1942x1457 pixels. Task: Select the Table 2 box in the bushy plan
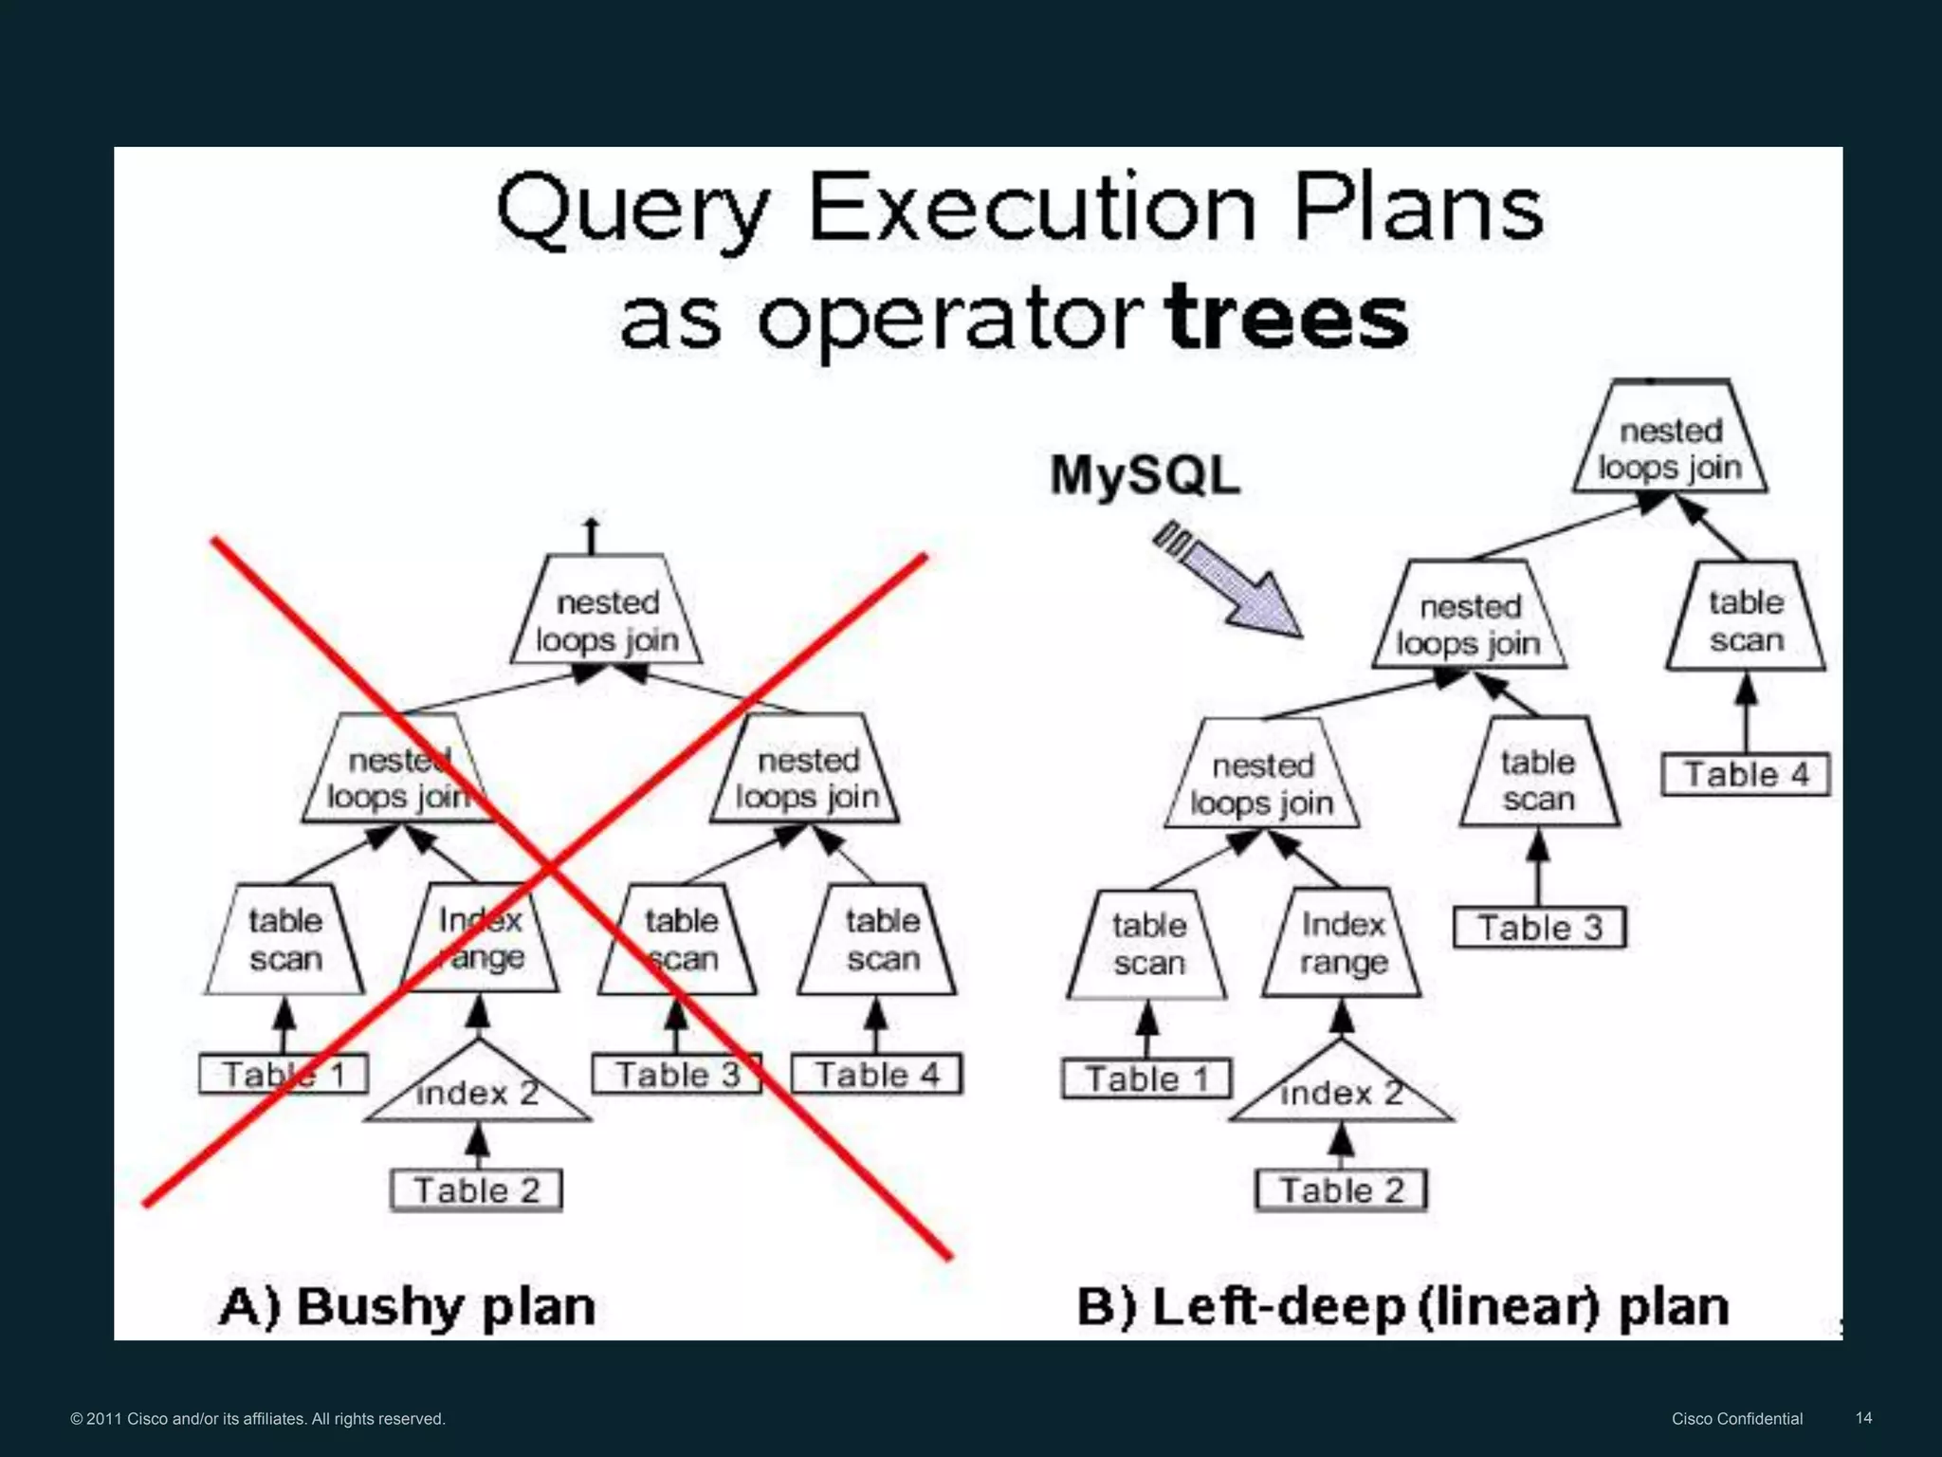coord(476,1190)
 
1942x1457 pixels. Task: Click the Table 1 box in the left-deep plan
coord(1146,1079)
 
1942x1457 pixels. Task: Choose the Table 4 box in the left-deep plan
coord(1746,774)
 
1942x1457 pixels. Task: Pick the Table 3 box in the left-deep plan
coord(1539,928)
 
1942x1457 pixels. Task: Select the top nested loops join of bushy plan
coord(607,620)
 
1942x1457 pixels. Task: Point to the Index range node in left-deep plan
coord(1342,943)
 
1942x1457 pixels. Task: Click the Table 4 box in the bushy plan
coord(877,1075)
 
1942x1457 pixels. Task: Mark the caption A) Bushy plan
coord(407,1306)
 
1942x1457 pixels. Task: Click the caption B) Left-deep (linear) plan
coord(1402,1306)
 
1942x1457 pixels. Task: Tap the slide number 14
coord(1863,1418)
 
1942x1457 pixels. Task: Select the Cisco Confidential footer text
coord(1737,1419)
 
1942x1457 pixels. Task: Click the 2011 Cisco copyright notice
coord(258,1419)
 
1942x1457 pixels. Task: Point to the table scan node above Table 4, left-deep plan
coord(1746,620)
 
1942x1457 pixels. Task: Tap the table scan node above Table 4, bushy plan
coord(879,939)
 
